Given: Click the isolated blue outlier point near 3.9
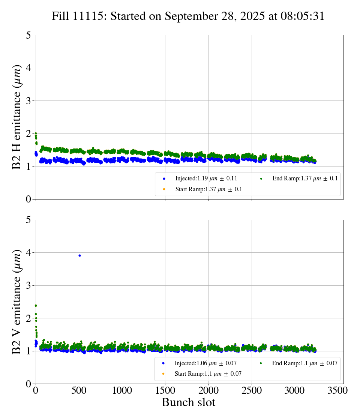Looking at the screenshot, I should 79,255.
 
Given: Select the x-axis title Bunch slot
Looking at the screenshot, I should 188,402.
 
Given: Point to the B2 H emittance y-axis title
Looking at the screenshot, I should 17,117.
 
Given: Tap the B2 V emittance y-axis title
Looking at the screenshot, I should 17,302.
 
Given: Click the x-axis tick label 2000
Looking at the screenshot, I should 208,390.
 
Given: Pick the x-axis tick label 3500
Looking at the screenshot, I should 338,390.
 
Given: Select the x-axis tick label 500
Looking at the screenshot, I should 79,390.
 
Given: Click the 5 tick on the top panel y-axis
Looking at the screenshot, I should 28,35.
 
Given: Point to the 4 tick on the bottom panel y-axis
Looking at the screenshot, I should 28,253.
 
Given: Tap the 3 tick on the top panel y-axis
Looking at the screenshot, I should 28,101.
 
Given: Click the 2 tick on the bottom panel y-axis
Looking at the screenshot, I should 28,318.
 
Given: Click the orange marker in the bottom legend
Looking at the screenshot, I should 163,374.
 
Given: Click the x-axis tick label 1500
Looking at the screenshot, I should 165,390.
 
